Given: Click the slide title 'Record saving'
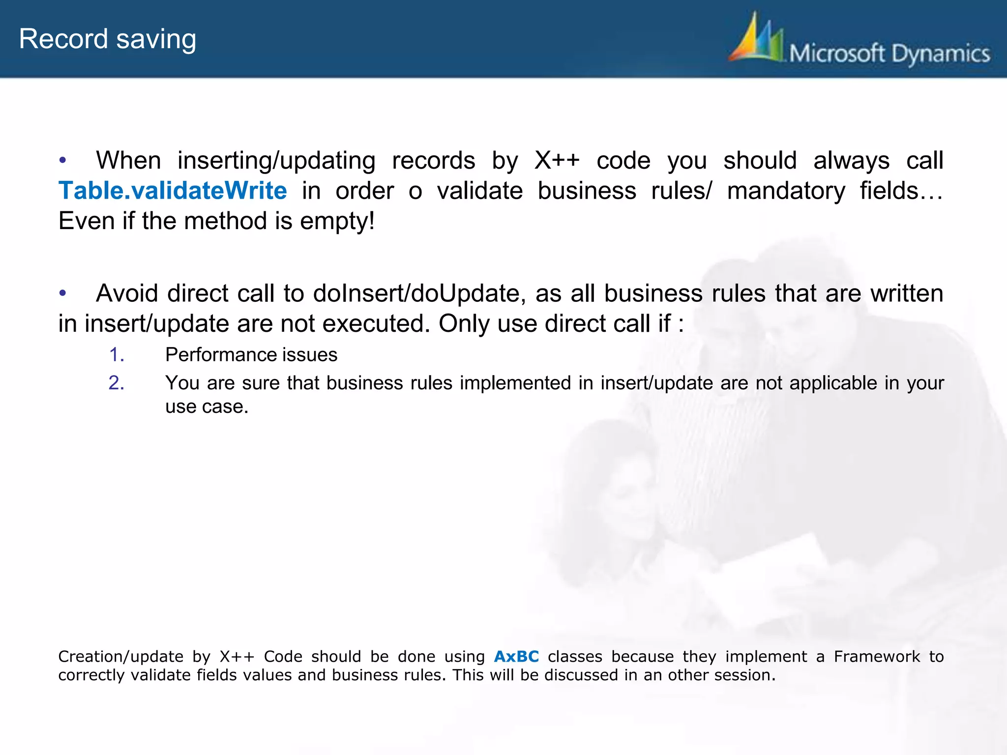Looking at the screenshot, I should (107, 39).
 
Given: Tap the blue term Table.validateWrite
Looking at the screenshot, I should (173, 191).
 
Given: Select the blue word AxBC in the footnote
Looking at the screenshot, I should (516, 657).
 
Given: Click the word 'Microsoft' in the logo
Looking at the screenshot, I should (837, 53).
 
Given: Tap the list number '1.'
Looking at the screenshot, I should (117, 355).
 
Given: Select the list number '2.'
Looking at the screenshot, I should (117, 383).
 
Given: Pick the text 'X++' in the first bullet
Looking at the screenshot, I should (557, 161).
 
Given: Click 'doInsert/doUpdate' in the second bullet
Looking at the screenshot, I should (416, 293).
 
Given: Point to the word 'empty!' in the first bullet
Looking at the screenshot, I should (337, 221).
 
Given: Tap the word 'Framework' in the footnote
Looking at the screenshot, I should (877, 657).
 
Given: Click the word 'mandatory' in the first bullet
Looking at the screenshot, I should (786, 191).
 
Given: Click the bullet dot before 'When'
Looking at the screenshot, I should (62, 160).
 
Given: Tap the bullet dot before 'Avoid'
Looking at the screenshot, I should (62, 293).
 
